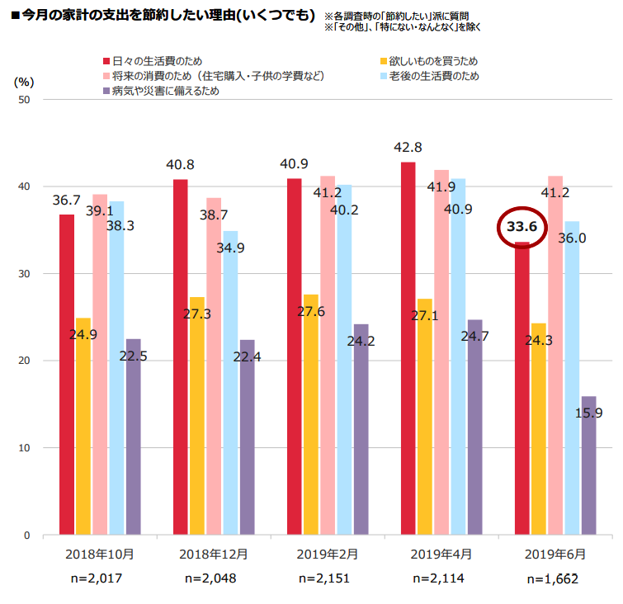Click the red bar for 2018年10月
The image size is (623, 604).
(x=67, y=375)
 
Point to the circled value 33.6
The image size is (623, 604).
(x=522, y=227)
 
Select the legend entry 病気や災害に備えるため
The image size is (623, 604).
(x=166, y=91)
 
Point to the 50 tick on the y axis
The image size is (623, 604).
(x=24, y=100)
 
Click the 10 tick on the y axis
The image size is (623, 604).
(x=24, y=448)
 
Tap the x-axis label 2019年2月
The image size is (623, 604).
(x=325, y=554)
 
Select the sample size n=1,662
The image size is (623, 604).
(x=553, y=579)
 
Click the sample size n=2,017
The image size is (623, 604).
(x=97, y=578)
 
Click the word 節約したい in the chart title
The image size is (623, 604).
(x=152, y=16)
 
